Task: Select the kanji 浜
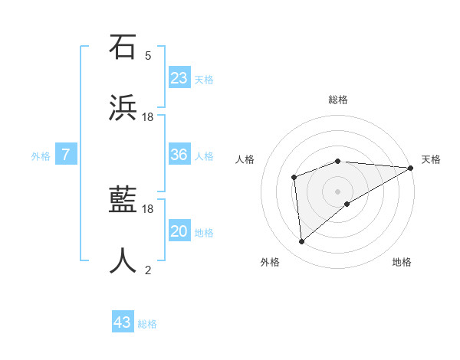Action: (x=123, y=108)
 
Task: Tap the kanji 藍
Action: (x=123, y=201)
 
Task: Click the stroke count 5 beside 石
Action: (x=148, y=55)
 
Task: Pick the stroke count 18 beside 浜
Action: (x=148, y=116)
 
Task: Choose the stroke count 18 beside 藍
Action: (x=148, y=208)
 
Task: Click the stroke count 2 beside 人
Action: (x=148, y=270)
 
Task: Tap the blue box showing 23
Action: (x=179, y=78)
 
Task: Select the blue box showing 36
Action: (x=179, y=155)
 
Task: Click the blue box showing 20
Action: (x=179, y=231)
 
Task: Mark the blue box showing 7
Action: (x=66, y=155)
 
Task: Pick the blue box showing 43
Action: (x=123, y=322)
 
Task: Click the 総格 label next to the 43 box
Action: (x=147, y=324)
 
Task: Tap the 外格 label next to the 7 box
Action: (x=41, y=156)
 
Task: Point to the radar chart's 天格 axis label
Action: (x=431, y=159)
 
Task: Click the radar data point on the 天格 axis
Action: (x=411, y=168)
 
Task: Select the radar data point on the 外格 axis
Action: (x=301, y=242)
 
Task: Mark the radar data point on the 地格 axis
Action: (x=347, y=204)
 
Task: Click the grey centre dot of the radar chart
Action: (x=337, y=191)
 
